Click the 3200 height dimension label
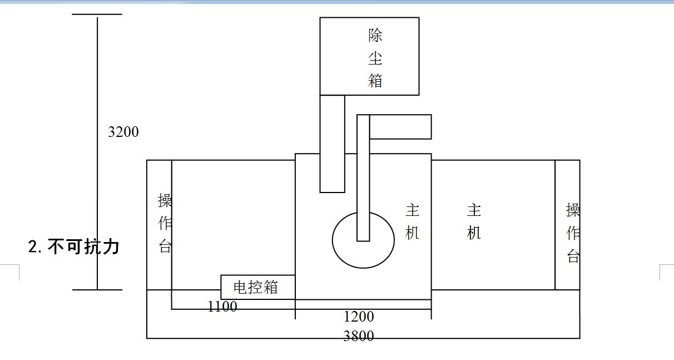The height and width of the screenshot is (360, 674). [123, 132]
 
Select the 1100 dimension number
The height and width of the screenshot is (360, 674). [222, 306]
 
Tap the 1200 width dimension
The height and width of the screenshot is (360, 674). [359, 317]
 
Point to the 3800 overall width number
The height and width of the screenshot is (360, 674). [359, 336]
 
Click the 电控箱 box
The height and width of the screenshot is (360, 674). [256, 287]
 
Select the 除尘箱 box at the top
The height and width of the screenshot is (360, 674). [369, 56]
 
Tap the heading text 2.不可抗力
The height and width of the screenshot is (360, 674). [74, 246]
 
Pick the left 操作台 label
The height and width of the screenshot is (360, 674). [165, 223]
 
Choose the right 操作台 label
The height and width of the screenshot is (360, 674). [573, 233]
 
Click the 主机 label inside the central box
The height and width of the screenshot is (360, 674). [412, 221]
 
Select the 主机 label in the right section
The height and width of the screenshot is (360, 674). [474, 221]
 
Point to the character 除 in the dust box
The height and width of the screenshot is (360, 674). [375, 36]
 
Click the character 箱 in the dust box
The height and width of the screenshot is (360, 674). [375, 80]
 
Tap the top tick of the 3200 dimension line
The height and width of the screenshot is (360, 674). [97, 14]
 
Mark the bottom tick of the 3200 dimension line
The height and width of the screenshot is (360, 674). [97, 290]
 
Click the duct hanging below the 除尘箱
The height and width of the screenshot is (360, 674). [332, 144]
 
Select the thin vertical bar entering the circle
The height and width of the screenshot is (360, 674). [363, 178]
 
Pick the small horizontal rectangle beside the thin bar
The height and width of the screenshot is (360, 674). [400, 127]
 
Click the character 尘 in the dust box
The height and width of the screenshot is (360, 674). [375, 58]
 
